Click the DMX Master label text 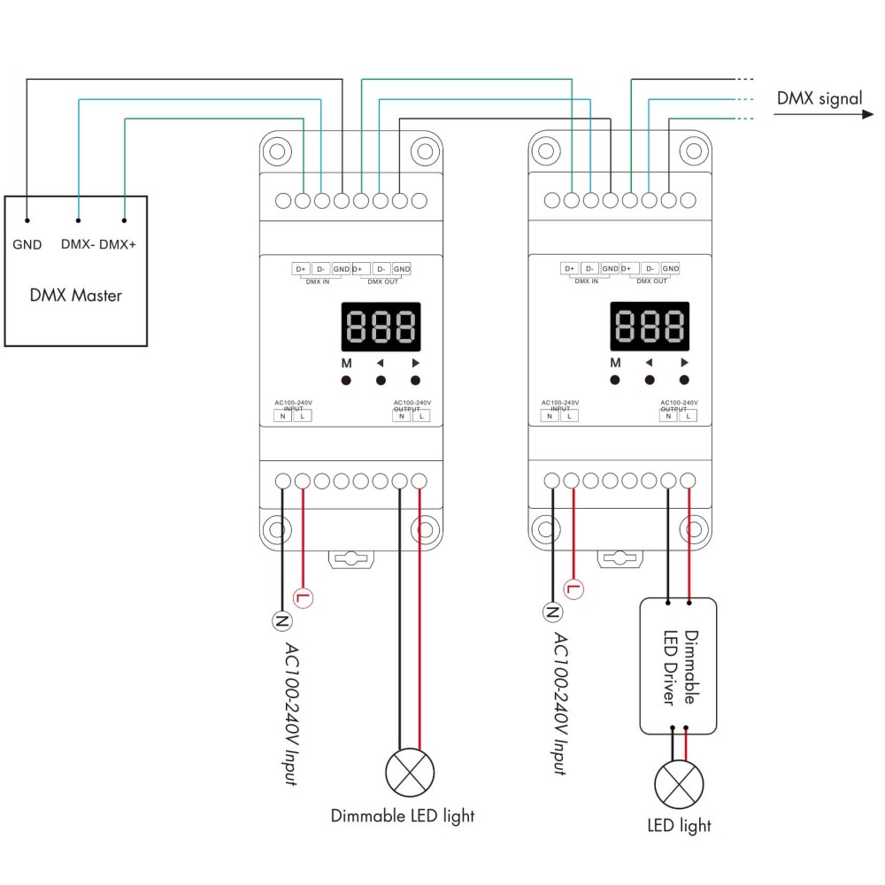tap(75, 295)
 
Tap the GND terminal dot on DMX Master tap(27, 220)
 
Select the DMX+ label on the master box tap(118, 244)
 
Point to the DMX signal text tap(819, 98)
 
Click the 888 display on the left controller tap(381, 327)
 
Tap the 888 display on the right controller tap(650, 327)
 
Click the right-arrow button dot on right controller tap(684, 380)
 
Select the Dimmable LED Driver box tap(677, 666)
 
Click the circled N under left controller tap(282, 620)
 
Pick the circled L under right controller tap(573, 589)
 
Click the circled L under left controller tap(304, 597)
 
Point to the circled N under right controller tap(552, 612)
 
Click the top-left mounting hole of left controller tap(277, 149)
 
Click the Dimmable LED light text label tap(403, 815)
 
